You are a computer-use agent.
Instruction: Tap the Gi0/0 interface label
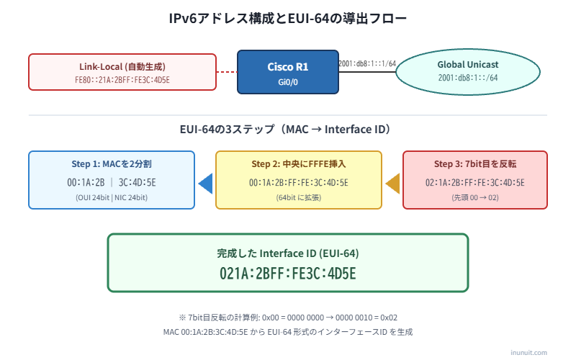coord(287,82)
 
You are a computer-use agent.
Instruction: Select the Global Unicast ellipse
coord(468,71)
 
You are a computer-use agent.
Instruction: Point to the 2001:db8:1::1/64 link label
coord(367,63)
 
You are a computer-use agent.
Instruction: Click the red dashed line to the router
coord(227,71)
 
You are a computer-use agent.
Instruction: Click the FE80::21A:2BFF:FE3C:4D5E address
coord(122,79)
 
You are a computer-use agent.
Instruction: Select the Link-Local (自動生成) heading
coord(122,66)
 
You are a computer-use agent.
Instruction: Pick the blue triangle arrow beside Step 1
coord(205,184)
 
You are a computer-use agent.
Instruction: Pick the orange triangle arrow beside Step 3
coord(392,184)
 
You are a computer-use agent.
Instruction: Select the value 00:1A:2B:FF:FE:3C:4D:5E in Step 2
coord(298,183)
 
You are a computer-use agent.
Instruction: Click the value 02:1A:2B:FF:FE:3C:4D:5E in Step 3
coord(474,183)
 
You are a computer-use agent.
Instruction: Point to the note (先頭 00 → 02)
coord(474,197)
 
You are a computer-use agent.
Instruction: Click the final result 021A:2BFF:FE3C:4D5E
coord(288,274)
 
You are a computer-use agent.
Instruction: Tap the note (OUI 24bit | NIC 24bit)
coord(112,197)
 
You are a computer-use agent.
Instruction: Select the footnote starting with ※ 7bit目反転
coord(288,317)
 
